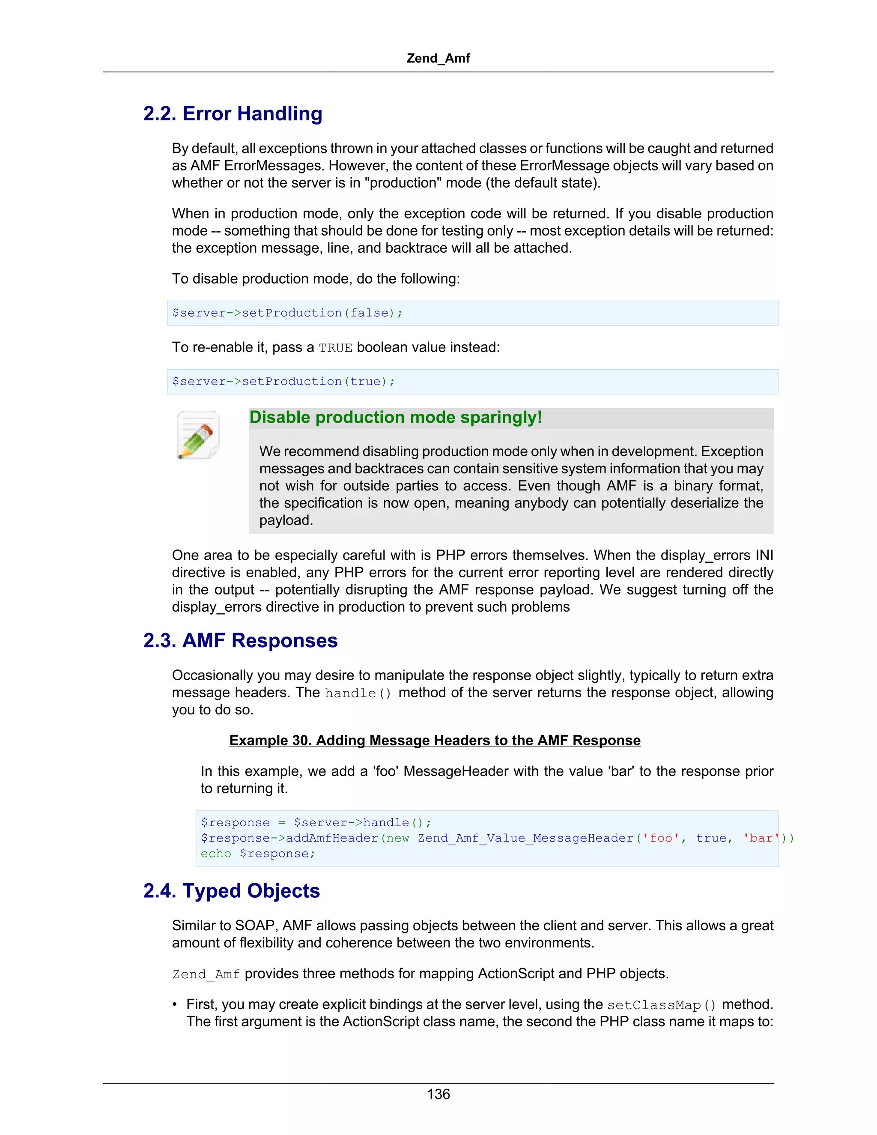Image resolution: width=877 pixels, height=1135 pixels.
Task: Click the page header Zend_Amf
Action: click(x=438, y=58)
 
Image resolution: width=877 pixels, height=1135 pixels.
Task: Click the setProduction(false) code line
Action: click(x=287, y=313)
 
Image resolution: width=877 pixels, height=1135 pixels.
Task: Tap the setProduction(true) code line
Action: click(x=283, y=382)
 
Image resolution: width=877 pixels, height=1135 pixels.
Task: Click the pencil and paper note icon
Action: click(x=198, y=436)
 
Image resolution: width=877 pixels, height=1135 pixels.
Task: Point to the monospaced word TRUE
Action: click(x=335, y=348)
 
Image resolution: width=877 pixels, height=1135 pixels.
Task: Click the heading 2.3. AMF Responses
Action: click(x=240, y=640)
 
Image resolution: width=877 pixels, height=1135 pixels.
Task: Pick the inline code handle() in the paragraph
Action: click(x=358, y=693)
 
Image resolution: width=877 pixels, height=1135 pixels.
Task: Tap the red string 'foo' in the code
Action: click(x=661, y=838)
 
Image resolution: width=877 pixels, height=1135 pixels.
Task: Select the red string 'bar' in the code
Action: click(x=761, y=838)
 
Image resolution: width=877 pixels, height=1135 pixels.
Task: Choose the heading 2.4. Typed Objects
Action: click(x=231, y=891)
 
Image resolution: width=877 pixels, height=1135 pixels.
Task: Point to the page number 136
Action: click(x=438, y=1094)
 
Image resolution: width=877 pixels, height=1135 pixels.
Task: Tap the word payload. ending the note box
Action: click(x=286, y=520)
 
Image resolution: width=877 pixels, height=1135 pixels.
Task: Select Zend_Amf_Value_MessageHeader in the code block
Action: click(x=525, y=838)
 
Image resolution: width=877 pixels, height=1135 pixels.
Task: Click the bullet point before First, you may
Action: click(x=176, y=1004)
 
